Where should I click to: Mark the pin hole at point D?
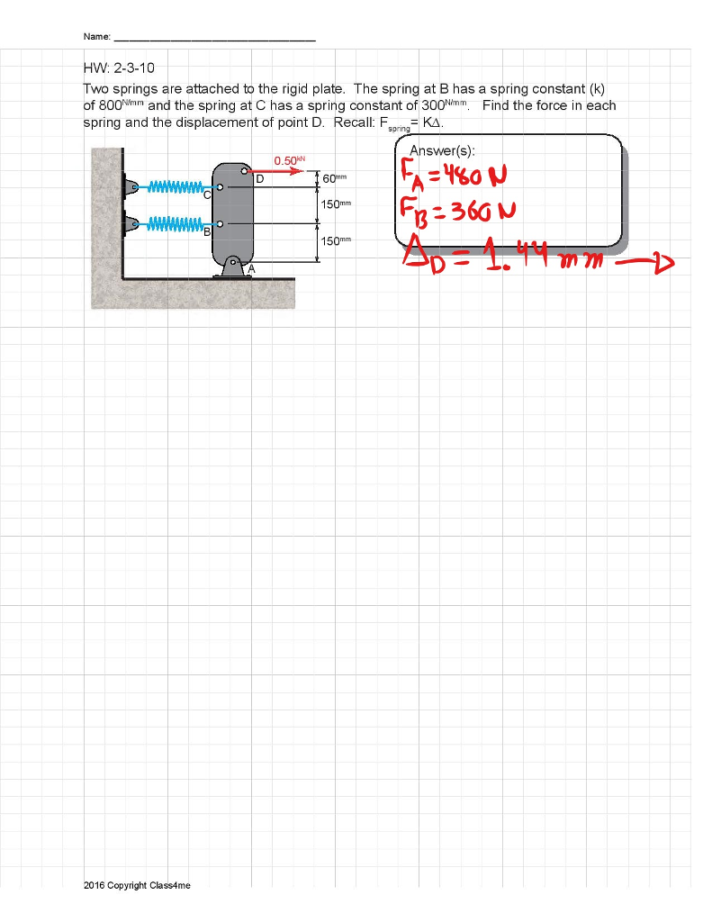coord(244,169)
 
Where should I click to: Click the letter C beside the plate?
coord(207,194)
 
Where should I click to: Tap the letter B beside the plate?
coord(207,231)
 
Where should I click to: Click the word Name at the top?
coord(96,37)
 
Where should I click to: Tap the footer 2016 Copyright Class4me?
coord(137,885)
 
